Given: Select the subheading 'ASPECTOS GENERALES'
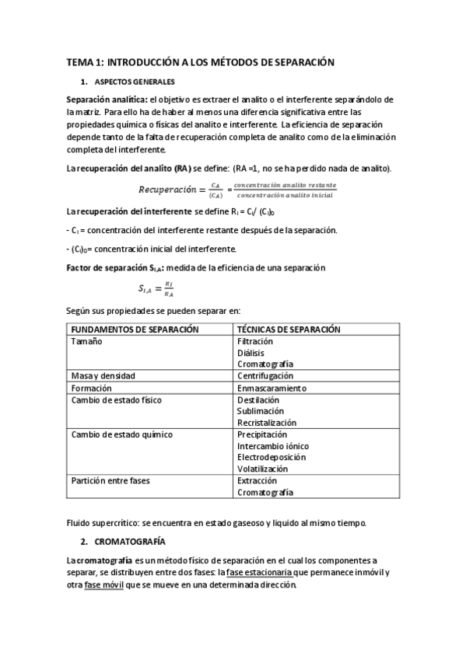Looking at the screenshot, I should point(135,82).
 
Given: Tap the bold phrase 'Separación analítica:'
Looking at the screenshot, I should point(107,99).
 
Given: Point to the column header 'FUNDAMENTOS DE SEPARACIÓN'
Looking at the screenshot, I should point(135,329).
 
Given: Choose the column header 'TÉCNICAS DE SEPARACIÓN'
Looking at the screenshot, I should point(289,329).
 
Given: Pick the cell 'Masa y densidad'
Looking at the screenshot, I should point(103,376).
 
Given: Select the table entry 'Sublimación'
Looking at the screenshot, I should point(261,411).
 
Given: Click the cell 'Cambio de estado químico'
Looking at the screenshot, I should point(121,434).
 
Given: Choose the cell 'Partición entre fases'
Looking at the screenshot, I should point(110,481).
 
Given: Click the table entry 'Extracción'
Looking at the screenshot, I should point(257,481).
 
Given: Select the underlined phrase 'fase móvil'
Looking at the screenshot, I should point(103,584).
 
